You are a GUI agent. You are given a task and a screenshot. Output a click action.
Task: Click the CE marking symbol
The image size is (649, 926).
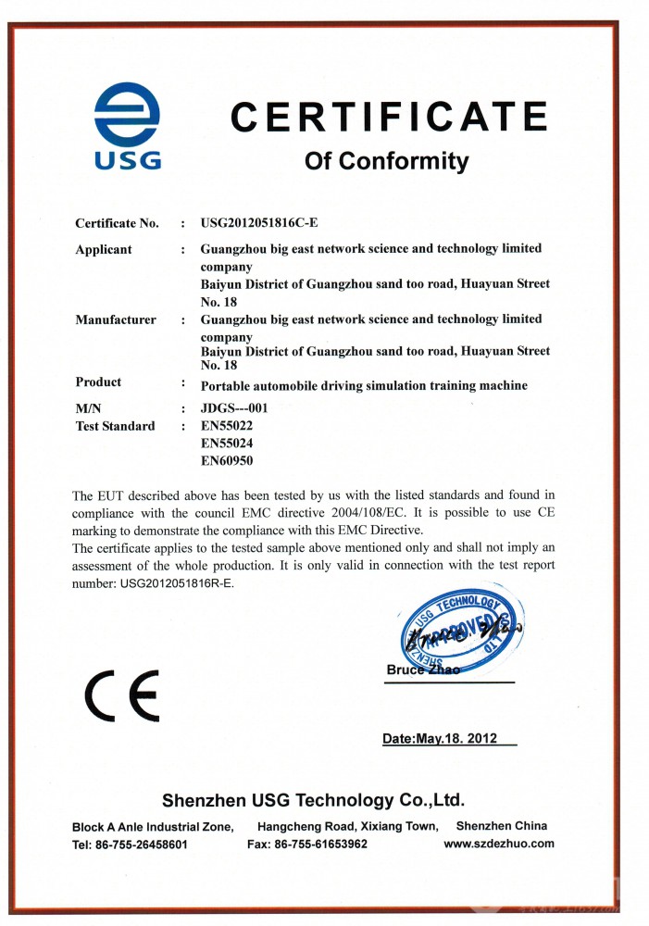tap(121, 694)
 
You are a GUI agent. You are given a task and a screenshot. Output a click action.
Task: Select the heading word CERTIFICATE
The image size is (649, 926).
tap(389, 118)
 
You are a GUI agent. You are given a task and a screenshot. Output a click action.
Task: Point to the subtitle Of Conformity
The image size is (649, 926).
tap(387, 161)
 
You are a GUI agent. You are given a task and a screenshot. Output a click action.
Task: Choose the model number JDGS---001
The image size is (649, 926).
tap(241, 407)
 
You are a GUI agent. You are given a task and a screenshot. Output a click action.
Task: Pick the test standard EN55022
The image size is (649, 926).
tap(227, 426)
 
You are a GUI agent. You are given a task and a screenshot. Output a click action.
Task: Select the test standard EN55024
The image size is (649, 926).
tap(227, 443)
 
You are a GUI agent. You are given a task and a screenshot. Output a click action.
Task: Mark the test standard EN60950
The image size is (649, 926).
tap(227, 460)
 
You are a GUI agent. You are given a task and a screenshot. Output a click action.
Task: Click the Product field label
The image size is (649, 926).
tap(98, 382)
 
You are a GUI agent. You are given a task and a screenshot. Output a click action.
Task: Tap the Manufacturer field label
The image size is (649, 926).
tap(116, 319)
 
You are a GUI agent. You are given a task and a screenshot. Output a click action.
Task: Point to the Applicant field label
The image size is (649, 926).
tap(104, 249)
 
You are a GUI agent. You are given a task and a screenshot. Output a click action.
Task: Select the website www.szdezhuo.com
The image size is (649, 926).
tap(499, 844)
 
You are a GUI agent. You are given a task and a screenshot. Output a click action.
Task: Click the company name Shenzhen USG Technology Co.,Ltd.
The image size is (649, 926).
tap(313, 800)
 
